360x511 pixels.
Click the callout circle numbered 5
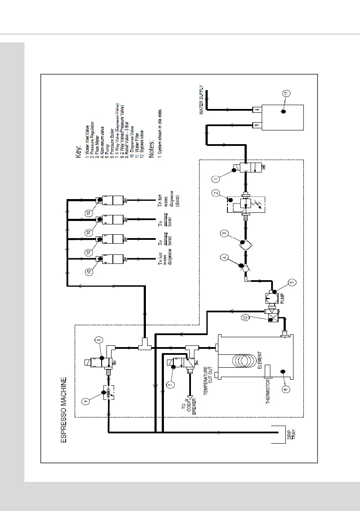(293, 282)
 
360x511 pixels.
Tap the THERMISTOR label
(268, 391)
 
